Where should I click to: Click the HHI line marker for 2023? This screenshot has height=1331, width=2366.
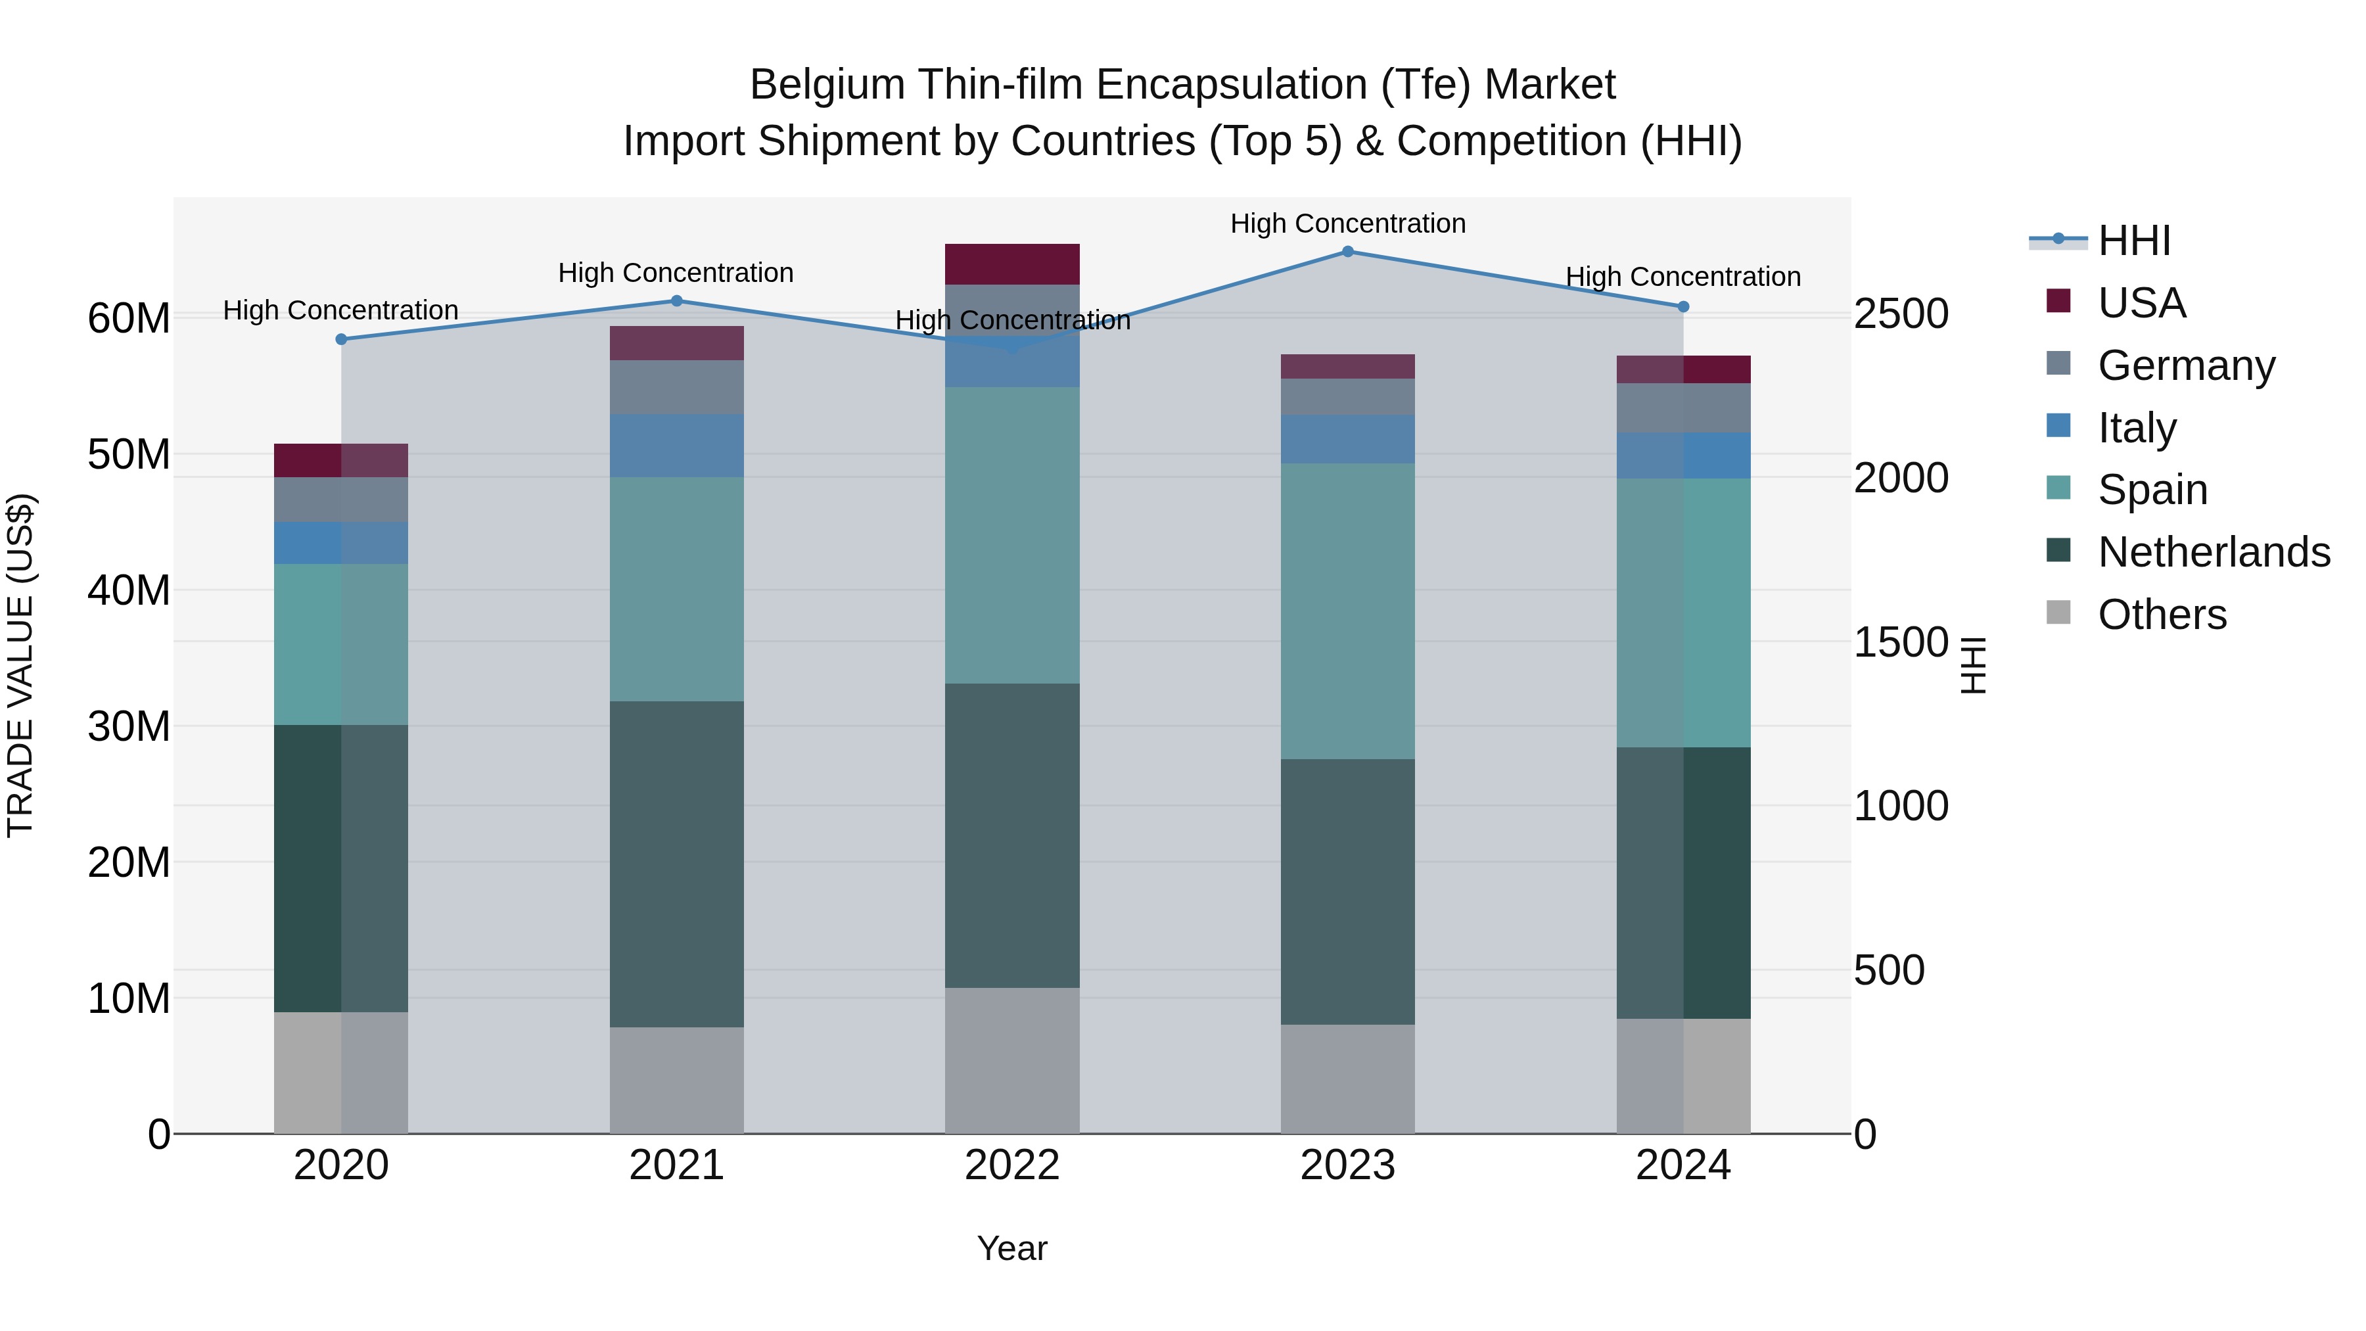click(1347, 252)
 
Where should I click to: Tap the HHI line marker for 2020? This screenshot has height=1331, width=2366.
click(342, 339)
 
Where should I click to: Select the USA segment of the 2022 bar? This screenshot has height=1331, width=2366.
click(1012, 264)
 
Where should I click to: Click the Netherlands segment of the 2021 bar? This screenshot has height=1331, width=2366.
click(677, 864)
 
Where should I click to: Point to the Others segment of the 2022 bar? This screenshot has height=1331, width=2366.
click(1012, 1060)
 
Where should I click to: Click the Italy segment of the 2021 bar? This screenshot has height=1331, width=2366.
click(677, 446)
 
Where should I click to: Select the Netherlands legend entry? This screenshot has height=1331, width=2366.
click(2214, 552)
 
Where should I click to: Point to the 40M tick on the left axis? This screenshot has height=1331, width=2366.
click(129, 591)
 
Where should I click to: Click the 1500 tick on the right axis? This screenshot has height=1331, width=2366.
click(1900, 642)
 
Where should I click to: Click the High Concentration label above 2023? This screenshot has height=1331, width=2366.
click(1347, 223)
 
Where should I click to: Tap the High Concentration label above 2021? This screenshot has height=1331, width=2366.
click(676, 273)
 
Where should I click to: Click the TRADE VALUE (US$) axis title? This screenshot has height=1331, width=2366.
click(21, 665)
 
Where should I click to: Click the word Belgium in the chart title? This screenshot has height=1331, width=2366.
click(827, 85)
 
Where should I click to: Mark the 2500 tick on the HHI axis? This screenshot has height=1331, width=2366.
click(1900, 314)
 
